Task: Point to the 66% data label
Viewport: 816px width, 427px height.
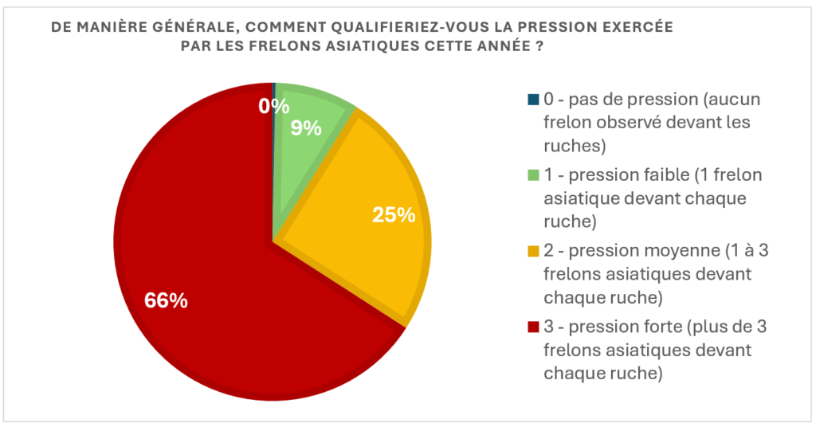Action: [x=166, y=300]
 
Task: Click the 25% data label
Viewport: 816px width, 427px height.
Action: [x=394, y=214]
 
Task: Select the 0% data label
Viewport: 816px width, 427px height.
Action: [x=273, y=105]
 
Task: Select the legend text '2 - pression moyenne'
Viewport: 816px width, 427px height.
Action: [x=626, y=251]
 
